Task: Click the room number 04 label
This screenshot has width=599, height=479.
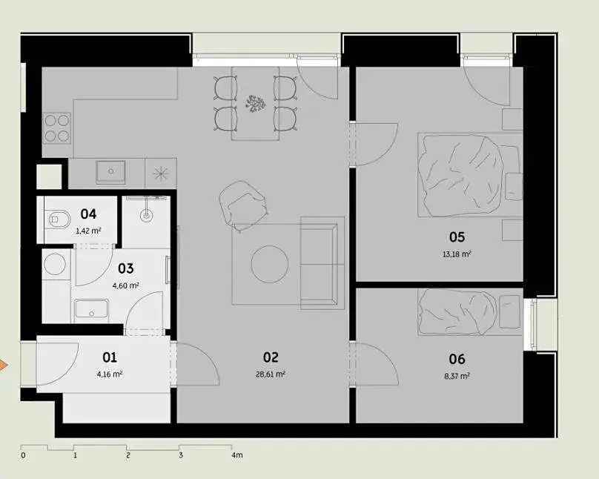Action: [88, 214]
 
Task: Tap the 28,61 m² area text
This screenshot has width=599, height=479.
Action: [271, 374]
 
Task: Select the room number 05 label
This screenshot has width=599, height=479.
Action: [457, 237]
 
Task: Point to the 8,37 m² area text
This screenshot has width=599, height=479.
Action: [457, 376]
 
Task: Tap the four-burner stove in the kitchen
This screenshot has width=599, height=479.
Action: [57, 128]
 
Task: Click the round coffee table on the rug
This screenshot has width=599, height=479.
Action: [270, 264]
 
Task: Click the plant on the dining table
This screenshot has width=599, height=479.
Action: [255, 104]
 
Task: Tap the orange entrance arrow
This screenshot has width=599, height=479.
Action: [3, 365]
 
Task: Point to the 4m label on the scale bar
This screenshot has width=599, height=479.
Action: [236, 455]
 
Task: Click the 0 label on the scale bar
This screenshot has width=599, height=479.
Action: [23, 455]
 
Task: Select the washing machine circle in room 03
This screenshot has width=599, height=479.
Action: [55, 264]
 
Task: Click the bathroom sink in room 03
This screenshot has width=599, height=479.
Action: [92, 309]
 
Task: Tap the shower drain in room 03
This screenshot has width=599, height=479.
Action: [146, 217]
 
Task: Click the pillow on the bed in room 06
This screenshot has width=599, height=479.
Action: [509, 311]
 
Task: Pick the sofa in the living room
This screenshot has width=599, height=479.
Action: [322, 262]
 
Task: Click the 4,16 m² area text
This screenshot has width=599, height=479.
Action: [110, 374]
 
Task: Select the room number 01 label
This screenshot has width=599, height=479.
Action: [110, 357]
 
